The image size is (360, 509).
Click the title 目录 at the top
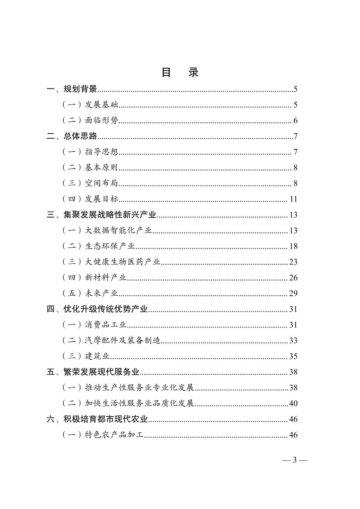tap(180, 72)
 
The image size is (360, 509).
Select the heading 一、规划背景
tap(72, 89)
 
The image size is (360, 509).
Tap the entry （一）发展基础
tap(90, 105)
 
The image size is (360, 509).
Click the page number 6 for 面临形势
tap(295, 121)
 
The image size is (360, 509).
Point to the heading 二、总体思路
tap(72, 136)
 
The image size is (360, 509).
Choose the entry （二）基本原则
tap(90, 167)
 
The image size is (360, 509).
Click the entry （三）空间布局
tap(90, 183)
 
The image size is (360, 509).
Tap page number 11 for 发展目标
tap(294, 199)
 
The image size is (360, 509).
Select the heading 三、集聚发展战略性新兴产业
tap(101, 215)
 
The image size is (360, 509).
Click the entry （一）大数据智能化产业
tap(107, 230)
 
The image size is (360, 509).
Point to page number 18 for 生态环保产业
tap(293, 246)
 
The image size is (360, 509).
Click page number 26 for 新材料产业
tap(293, 278)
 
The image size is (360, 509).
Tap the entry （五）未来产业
tap(90, 293)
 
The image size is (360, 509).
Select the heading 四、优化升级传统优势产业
tap(97, 309)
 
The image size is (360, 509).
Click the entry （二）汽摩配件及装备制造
tap(111, 341)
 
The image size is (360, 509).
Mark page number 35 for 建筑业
tap(293, 356)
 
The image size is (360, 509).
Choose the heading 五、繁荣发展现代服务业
tap(93, 372)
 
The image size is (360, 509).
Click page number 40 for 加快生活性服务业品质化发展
tap(293, 403)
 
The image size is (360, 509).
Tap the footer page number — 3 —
tap(295, 460)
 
